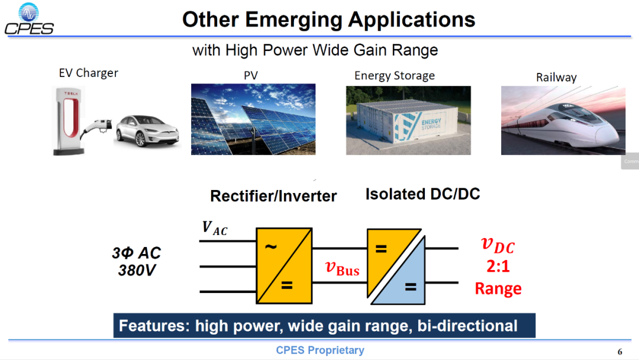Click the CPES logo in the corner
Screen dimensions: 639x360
tap(29, 19)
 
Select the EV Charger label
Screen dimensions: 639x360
tap(88, 73)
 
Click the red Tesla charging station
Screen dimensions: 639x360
tap(69, 121)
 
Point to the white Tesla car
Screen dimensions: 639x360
tap(147, 130)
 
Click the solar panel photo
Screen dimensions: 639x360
tap(253, 119)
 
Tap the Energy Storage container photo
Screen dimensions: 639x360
tap(408, 120)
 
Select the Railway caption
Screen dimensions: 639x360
tap(556, 78)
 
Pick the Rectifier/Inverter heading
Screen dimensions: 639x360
tap(273, 196)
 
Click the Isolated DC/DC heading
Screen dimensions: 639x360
tap(422, 194)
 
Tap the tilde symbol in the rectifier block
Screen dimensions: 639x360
tap(271, 247)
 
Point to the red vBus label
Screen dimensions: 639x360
tap(343, 269)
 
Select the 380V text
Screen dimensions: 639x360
tap(137, 270)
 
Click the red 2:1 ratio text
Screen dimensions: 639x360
tap(498, 266)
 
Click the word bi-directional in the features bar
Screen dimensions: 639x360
tap(467, 326)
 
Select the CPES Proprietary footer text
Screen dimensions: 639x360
tap(320, 350)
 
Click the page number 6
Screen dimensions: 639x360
tap(620, 352)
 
